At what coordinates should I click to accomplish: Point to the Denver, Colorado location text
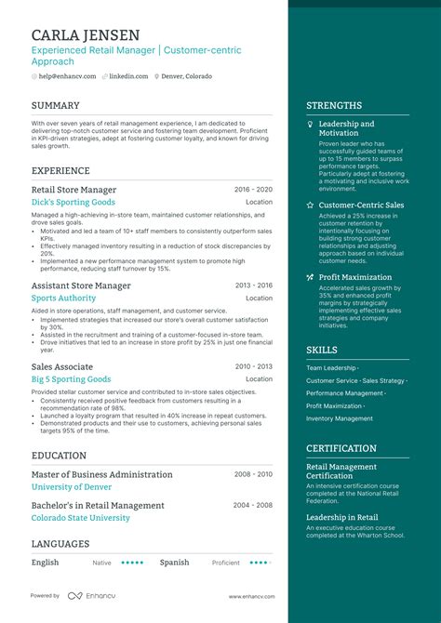pyautogui.click(x=186, y=76)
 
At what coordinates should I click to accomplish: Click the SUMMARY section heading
pyautogui.click(x=56, y=106)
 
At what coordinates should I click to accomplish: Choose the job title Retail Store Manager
pyautogui.click(x=73, y=190)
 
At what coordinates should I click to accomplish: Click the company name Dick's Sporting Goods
pyautogui.click(x=73, y=202)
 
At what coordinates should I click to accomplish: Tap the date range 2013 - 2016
pyautogui.click(x=253, y=285)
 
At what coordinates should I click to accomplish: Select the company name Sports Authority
pyautogui.click(x=63, y=298)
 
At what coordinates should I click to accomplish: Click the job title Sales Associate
pyautogui.click(x=62, y=367)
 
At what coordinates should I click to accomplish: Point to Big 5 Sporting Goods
pyautogui.click(x=71, y=379)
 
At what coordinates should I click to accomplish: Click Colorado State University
pyautogui.click(x=81, y=518)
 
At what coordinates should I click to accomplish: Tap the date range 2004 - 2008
pyautogui.click(x=253, y=505)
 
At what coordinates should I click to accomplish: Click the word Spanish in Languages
pyautogui.click(x=174, y=563)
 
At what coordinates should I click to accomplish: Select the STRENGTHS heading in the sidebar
pyautogui.click(x=334, y=106)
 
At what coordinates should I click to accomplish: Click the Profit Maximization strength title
pyautogui.click(x=355, y=277)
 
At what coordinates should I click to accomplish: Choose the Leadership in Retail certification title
pyautogui.click(x=342, y=517)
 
